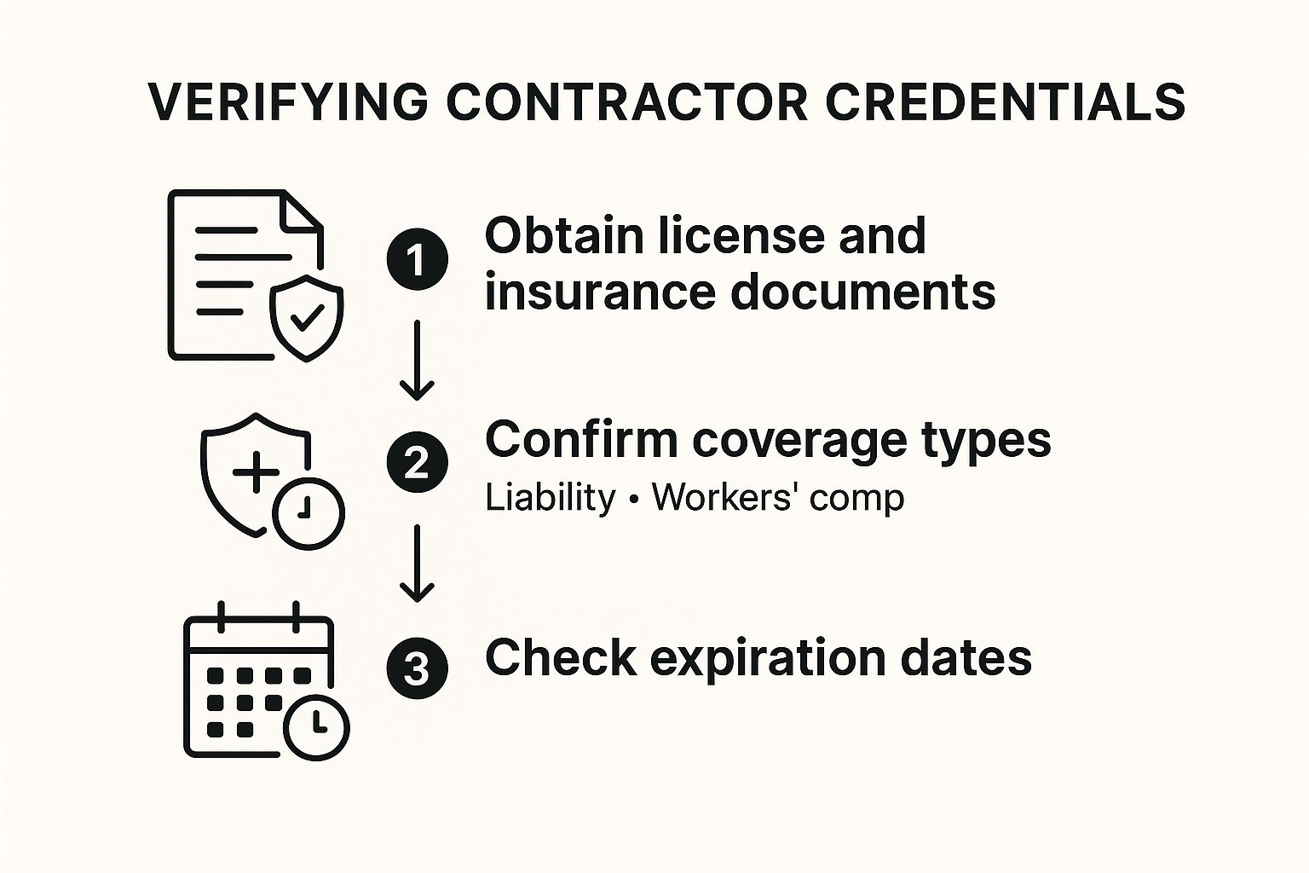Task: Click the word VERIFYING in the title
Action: (287, 102)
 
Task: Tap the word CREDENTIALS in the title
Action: (1005, 102)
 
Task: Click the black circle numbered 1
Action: (418, 260)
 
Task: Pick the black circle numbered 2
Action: (418, 462)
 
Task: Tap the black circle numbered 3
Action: (418, 668)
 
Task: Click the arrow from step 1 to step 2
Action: (417, 360)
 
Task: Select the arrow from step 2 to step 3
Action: (417, 563)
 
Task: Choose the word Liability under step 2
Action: (551, 498)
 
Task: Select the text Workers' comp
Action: (778, 499)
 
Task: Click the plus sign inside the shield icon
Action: (256, 471)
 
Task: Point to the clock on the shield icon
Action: (309, 513)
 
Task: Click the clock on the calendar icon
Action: (317, 727)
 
